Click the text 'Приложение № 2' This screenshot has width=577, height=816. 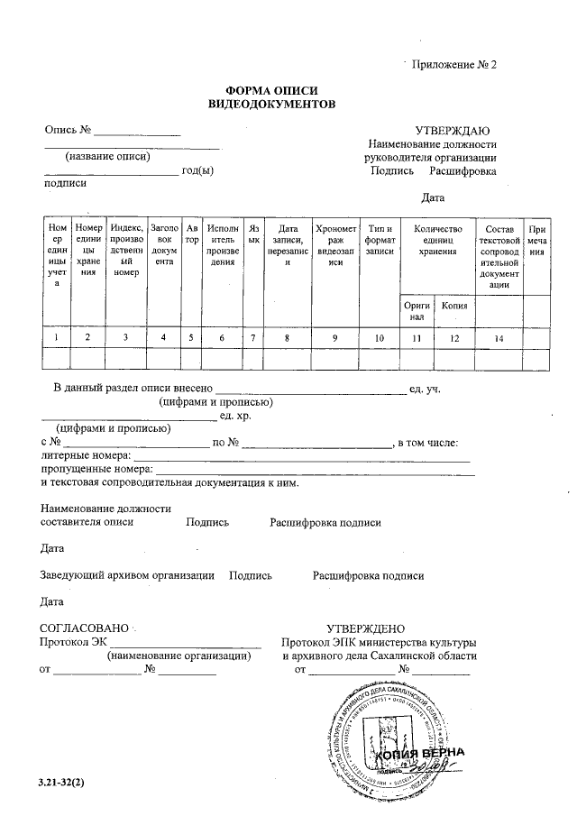point(454,65)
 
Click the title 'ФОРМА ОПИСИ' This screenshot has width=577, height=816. point(271,91)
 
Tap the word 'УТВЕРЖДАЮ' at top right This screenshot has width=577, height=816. point(452,132)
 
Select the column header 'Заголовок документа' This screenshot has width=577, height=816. point(163,244)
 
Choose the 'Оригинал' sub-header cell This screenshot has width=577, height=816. point(416,311)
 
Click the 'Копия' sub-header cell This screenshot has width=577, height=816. point(453,307)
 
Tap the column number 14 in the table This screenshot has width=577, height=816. point(499,337)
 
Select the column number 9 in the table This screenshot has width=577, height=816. point(335,337)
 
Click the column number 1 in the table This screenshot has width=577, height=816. point(57,337)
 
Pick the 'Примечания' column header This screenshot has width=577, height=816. point(537,240)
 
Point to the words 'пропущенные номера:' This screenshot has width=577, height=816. point(97,470)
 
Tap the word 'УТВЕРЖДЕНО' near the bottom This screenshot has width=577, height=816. point(365,628)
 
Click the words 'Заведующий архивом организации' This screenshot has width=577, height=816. point(127,575)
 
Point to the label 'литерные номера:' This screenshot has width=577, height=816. point(87,456)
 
